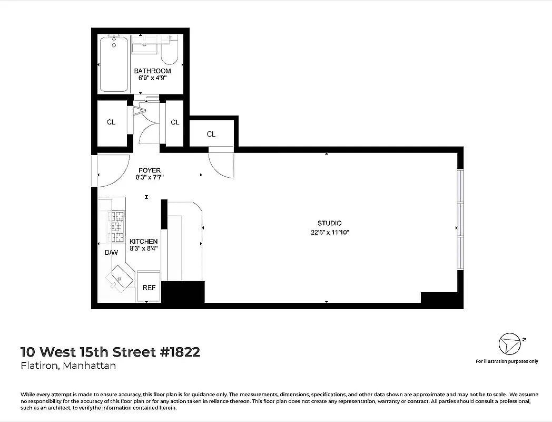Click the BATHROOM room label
click(152, 71)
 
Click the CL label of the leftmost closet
click(111, 122)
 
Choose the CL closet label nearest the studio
click(211, 135)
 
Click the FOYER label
click(149, 170)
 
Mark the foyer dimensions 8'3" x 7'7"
click(149, 178)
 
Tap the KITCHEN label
click(144, 242)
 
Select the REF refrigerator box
click(149, 287)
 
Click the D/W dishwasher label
click(111, 253)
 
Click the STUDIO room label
click(329, 224)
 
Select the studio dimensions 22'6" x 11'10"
click(330, 232)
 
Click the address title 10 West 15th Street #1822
click(110, 352)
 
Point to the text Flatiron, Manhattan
click(68, 366)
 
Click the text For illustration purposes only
click(507, 361)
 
